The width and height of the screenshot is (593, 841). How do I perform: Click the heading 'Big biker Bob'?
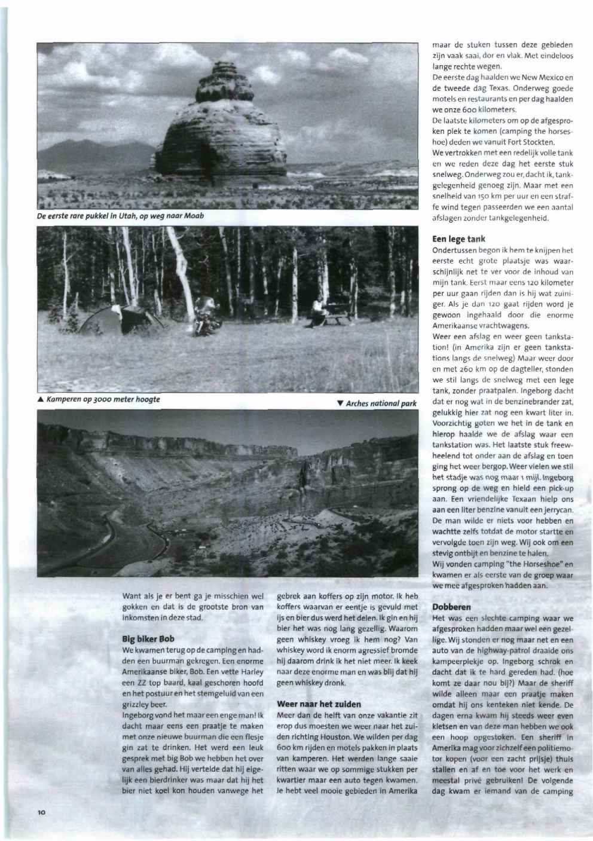point(149,638)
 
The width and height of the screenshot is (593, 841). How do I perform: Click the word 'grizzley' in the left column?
point(135,705)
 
